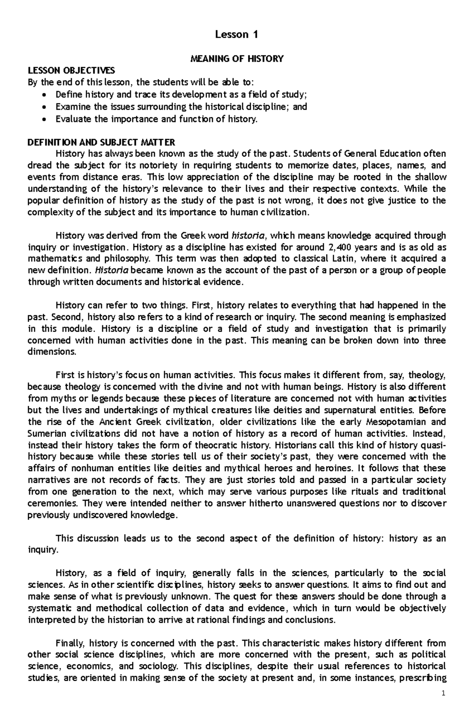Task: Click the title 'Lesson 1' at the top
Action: coord(237,35)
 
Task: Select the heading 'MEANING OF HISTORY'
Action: coord(237,59)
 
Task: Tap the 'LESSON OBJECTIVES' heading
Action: coord(71,71)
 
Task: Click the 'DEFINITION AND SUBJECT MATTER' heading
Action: coord(102,142)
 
